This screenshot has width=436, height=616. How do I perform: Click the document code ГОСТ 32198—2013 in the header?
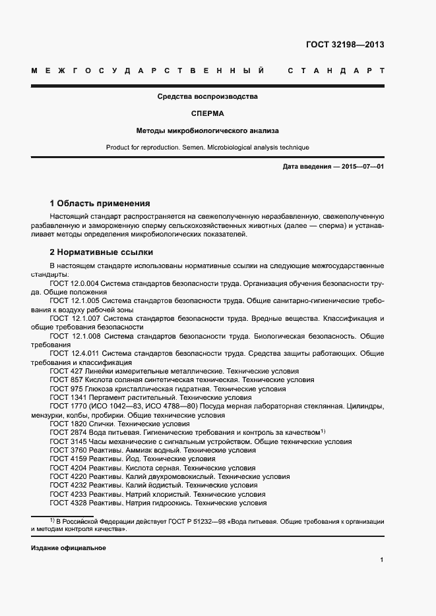345,45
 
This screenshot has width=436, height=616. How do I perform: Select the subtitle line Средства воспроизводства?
207,96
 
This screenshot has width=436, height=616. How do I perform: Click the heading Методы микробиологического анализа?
207,130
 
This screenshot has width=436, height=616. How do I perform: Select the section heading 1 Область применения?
100,203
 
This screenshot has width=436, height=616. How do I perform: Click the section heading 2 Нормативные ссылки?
101,252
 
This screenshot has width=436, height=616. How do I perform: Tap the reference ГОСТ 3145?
67,441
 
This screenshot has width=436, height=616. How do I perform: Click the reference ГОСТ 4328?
67,503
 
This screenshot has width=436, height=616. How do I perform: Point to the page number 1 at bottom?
382,560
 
